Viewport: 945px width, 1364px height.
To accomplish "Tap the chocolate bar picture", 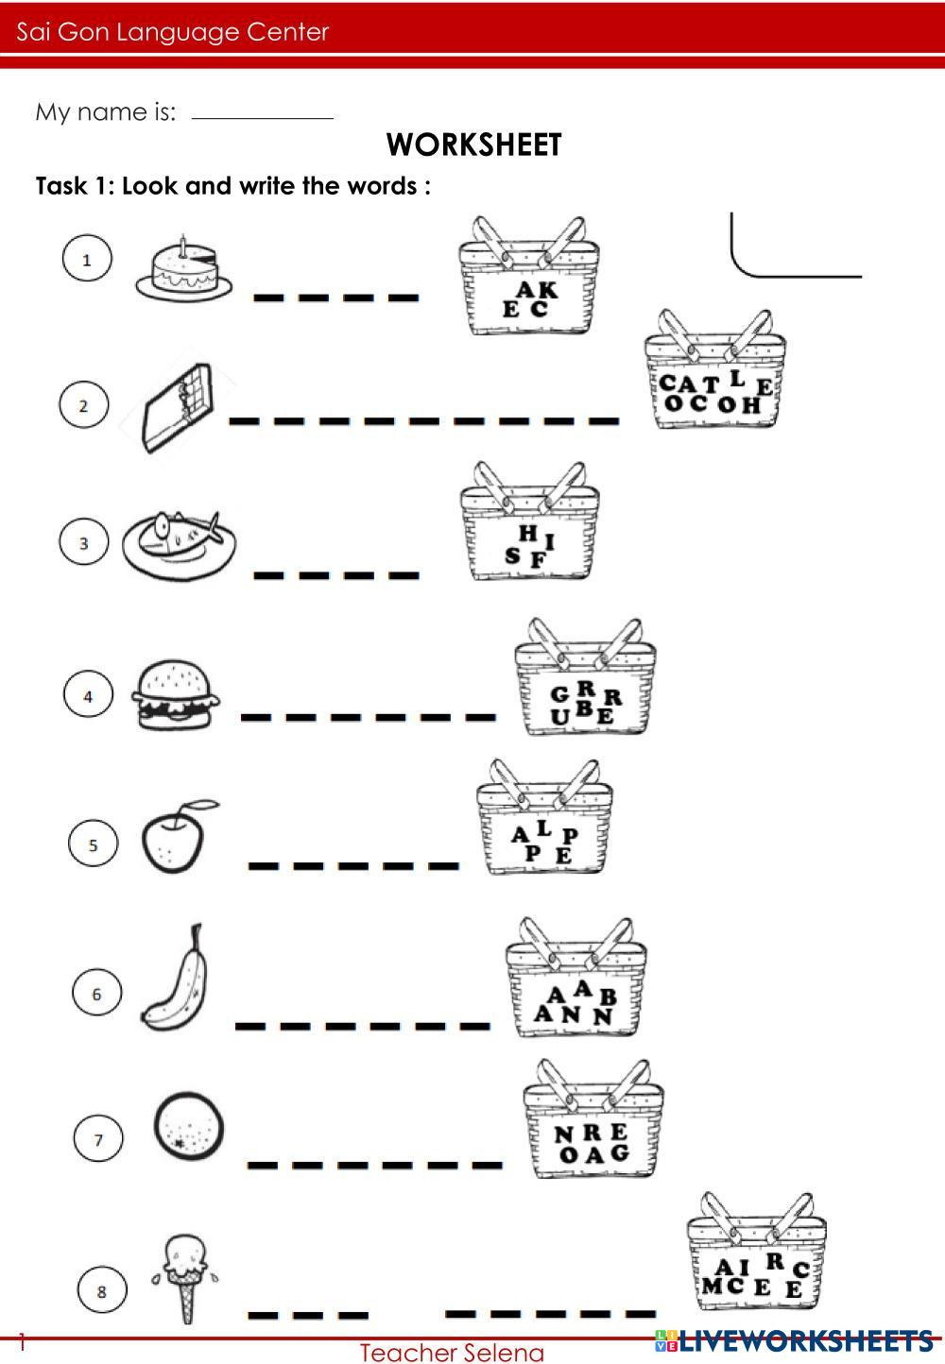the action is (x=178, y=407).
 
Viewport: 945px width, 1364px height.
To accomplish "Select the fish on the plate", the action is (x=180, y=544).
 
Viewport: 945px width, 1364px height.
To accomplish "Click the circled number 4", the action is (x=88, y=695).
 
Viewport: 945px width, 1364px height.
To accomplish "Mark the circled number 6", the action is (x=97, y=994).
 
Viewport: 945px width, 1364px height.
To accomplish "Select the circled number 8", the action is (x=102, y=1291).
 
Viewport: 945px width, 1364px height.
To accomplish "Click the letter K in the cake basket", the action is (x=546, y=290).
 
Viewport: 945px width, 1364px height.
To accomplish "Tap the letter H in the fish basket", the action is (x=527, y=534).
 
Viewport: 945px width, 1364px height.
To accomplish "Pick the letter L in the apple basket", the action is (x=543, y=827).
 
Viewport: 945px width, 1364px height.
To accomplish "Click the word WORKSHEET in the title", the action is (x=473, y=145).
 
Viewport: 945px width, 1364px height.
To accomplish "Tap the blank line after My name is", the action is (x=263, y=117).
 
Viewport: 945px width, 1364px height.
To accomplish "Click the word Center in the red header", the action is (x=287, y=32).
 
